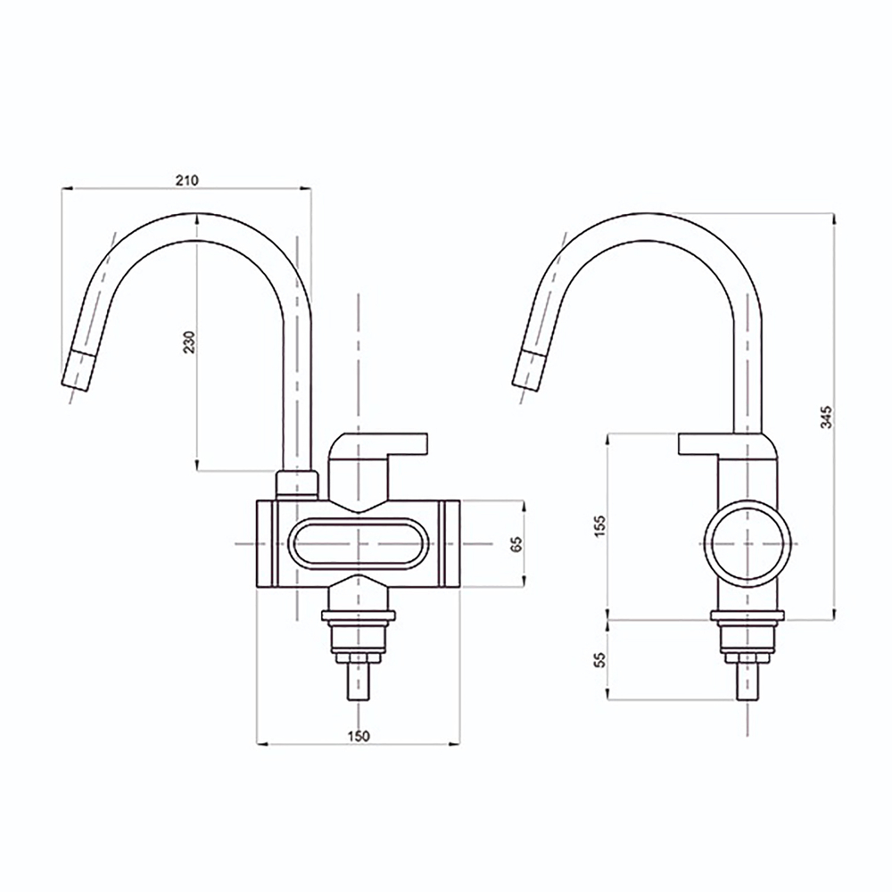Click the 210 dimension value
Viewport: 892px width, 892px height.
[186, 180]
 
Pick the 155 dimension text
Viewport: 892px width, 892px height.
[599, 525]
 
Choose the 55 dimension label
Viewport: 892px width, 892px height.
[599, 660]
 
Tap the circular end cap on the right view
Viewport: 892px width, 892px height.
[747, 543]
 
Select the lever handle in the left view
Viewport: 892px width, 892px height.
[379, 443]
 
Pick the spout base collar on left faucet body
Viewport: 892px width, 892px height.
[296, 484]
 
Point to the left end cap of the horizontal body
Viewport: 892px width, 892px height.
[266, 543]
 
